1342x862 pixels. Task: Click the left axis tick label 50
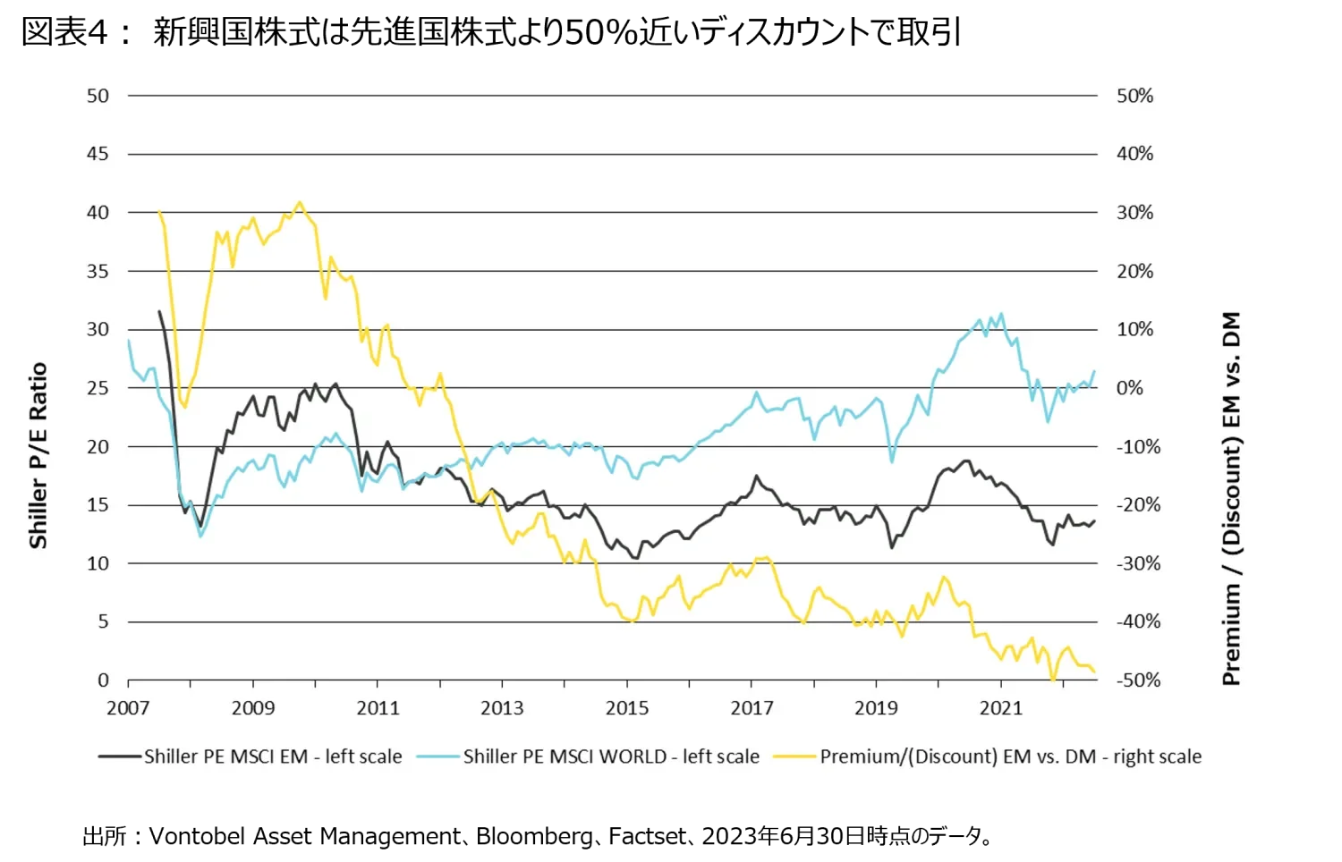pyautogui.click(x=98, y=96)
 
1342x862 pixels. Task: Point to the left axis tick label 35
pyautogui.click(x=98, y=271)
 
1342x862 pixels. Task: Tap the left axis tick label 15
pyautogui.click(x=98, y=505)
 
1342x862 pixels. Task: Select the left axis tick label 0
pyautogui.click(x=104, y=680)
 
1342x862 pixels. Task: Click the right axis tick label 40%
pyautogui.click(x=1134, y=154)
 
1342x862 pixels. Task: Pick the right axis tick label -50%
pyautogui.click(x=1137, y=680)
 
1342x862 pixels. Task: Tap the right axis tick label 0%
pyautogui.click(x=1129, y=388)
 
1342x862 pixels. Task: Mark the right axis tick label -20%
pyautogui.click(x=1137, y=505)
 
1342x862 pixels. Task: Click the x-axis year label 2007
pyautogui.click(x=128, y=708)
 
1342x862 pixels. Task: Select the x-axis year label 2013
pyautogui.click(x=502, y=708)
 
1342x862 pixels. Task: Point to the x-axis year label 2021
pyautogui.click(x=1000, y=708)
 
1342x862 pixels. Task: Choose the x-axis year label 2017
pyautogui.click(x=752, y=708)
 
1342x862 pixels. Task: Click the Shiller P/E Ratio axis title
pyautogui.click(x=38, y=455)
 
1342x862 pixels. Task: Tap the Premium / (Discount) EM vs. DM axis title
pyautogui.click(x=1232, y=498)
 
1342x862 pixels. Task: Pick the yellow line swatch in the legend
pyautogui.click(x=794, y=756)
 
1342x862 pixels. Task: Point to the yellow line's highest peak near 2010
pyautogui.click(x=299, y=202)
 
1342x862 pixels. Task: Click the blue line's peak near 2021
pyautogui.click(x=1001, y=314)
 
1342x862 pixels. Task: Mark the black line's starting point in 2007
pyautogui.click(x=159, y=311)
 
